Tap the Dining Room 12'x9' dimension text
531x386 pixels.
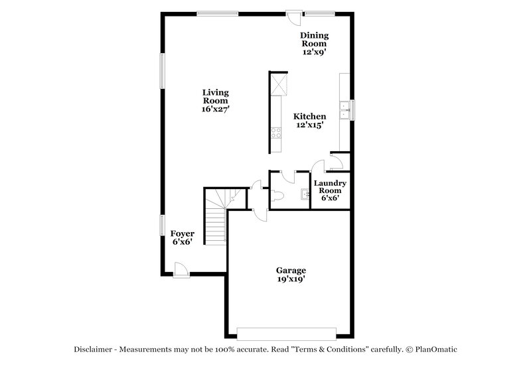coord(314,50)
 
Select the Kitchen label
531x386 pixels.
coord(309,116)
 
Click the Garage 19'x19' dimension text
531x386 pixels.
coord(291,280)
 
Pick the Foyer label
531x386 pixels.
coord(183,233)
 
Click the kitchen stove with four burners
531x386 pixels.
coord(276,132)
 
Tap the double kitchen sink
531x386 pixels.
coord(345,110)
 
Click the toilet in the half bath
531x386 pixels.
coord(276,195)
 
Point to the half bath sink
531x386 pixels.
coord(304,195)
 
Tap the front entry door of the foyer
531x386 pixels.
coord(180,268)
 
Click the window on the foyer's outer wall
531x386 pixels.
coord(162,225)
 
